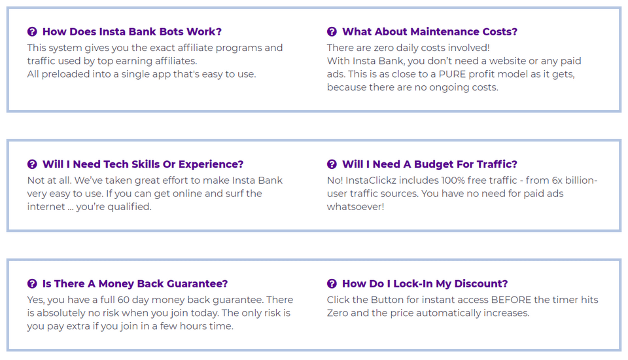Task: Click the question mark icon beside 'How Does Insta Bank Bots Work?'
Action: (32, 31)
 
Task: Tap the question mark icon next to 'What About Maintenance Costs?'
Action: (332, 31)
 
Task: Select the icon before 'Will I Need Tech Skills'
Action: (32, 164)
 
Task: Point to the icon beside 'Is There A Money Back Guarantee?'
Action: (32, 284)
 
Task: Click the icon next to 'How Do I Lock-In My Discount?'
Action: (332, 284)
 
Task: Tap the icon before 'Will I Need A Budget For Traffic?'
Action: (332, 164)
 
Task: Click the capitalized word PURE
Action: (452, 74)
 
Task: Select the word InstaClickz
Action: (372, 181)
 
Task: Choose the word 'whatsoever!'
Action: (355, 207)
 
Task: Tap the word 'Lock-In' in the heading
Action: (413, 284)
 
